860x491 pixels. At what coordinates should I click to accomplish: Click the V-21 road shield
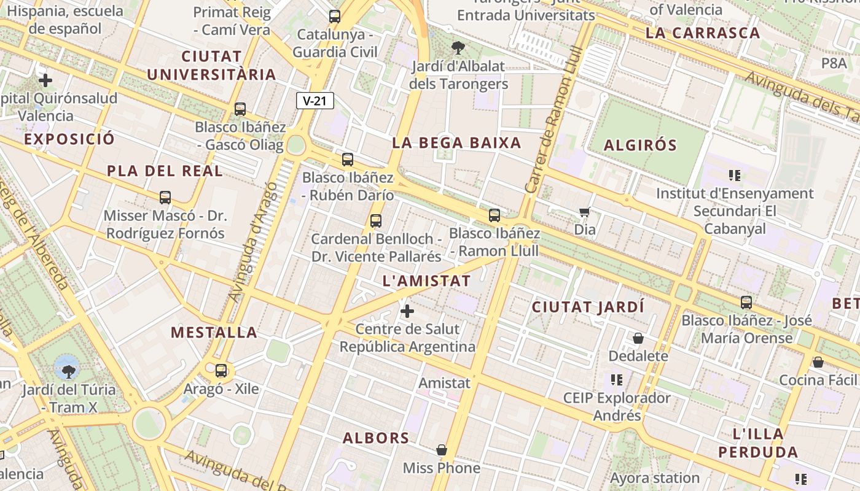tap(315, 101)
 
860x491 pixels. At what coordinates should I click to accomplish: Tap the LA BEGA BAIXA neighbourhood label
tap(456, 143)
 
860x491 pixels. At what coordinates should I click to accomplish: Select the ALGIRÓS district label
tap(640, 145)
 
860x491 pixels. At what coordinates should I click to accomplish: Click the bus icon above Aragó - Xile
tap(221, 371)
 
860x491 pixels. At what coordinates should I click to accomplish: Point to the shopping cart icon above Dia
tap(585, 212)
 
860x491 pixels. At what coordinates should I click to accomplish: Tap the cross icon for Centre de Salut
tap(407, 311)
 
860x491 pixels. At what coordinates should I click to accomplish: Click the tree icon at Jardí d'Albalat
tap(458, 48)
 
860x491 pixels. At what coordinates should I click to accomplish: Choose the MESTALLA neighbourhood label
tap(214, 333)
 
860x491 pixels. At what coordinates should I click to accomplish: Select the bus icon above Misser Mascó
tap(165, 198)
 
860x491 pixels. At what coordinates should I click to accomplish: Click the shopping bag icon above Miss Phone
tap(441, 450)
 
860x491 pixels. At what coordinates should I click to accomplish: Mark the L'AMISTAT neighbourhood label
tap(426, 282)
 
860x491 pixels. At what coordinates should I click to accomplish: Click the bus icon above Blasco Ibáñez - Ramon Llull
tap(495, 215)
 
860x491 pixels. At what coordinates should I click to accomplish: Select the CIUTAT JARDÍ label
tap(588, 307)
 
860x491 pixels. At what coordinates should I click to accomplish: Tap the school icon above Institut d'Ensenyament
tap(735, 176)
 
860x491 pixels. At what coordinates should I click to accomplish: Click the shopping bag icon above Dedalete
tap(638, 338)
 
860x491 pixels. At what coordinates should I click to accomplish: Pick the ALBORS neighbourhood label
tap(376, 438)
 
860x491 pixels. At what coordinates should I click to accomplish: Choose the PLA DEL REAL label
tap(165, 171)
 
